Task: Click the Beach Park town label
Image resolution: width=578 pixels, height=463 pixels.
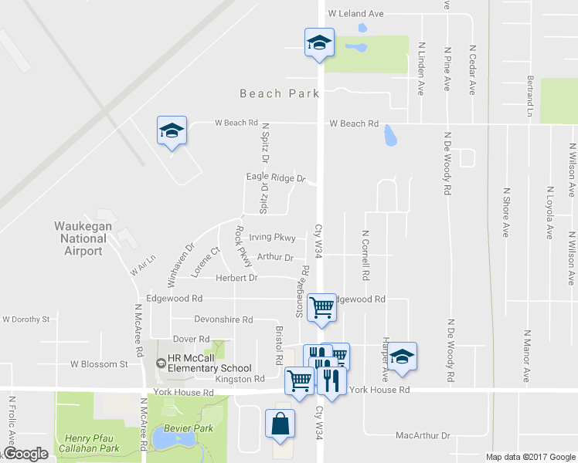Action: coord(279,93)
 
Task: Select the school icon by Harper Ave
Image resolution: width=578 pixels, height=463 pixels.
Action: coord(401,357)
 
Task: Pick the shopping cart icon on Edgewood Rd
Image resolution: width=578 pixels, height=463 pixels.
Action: coord(321,307)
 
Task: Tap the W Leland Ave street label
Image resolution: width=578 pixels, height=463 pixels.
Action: coord(355,14)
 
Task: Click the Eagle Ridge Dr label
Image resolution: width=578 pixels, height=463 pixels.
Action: coord(276,177)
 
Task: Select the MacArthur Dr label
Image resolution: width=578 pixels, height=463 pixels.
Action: coord(422,436)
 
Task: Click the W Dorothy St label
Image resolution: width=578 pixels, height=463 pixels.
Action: coord(25,319)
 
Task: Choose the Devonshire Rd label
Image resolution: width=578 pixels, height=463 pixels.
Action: coord(223,319)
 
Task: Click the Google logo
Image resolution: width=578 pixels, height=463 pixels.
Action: coord(25,454)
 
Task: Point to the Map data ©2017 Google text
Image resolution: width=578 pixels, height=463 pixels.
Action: coord(530,457)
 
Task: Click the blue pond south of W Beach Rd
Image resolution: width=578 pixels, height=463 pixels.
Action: coord(389,137)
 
